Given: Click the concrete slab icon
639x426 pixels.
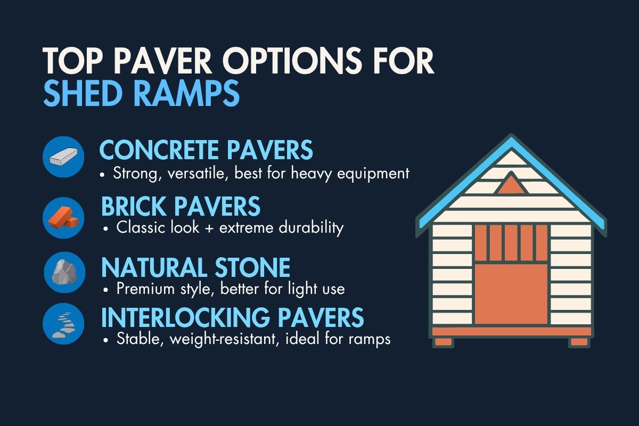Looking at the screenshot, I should [x=64, y=157].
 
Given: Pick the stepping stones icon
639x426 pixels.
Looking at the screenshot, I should [x=64, y=323].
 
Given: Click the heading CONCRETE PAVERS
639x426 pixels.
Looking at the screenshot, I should [x=206, y=151].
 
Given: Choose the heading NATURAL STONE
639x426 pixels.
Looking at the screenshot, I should [x=195, y=267].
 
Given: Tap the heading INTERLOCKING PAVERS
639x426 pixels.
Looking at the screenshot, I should [x=232, y=317].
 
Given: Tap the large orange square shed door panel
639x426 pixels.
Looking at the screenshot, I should [x=511, y=293].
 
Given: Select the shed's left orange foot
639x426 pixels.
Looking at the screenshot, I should [x=443, y=341].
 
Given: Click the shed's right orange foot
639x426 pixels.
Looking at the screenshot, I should [x=578, y=341].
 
